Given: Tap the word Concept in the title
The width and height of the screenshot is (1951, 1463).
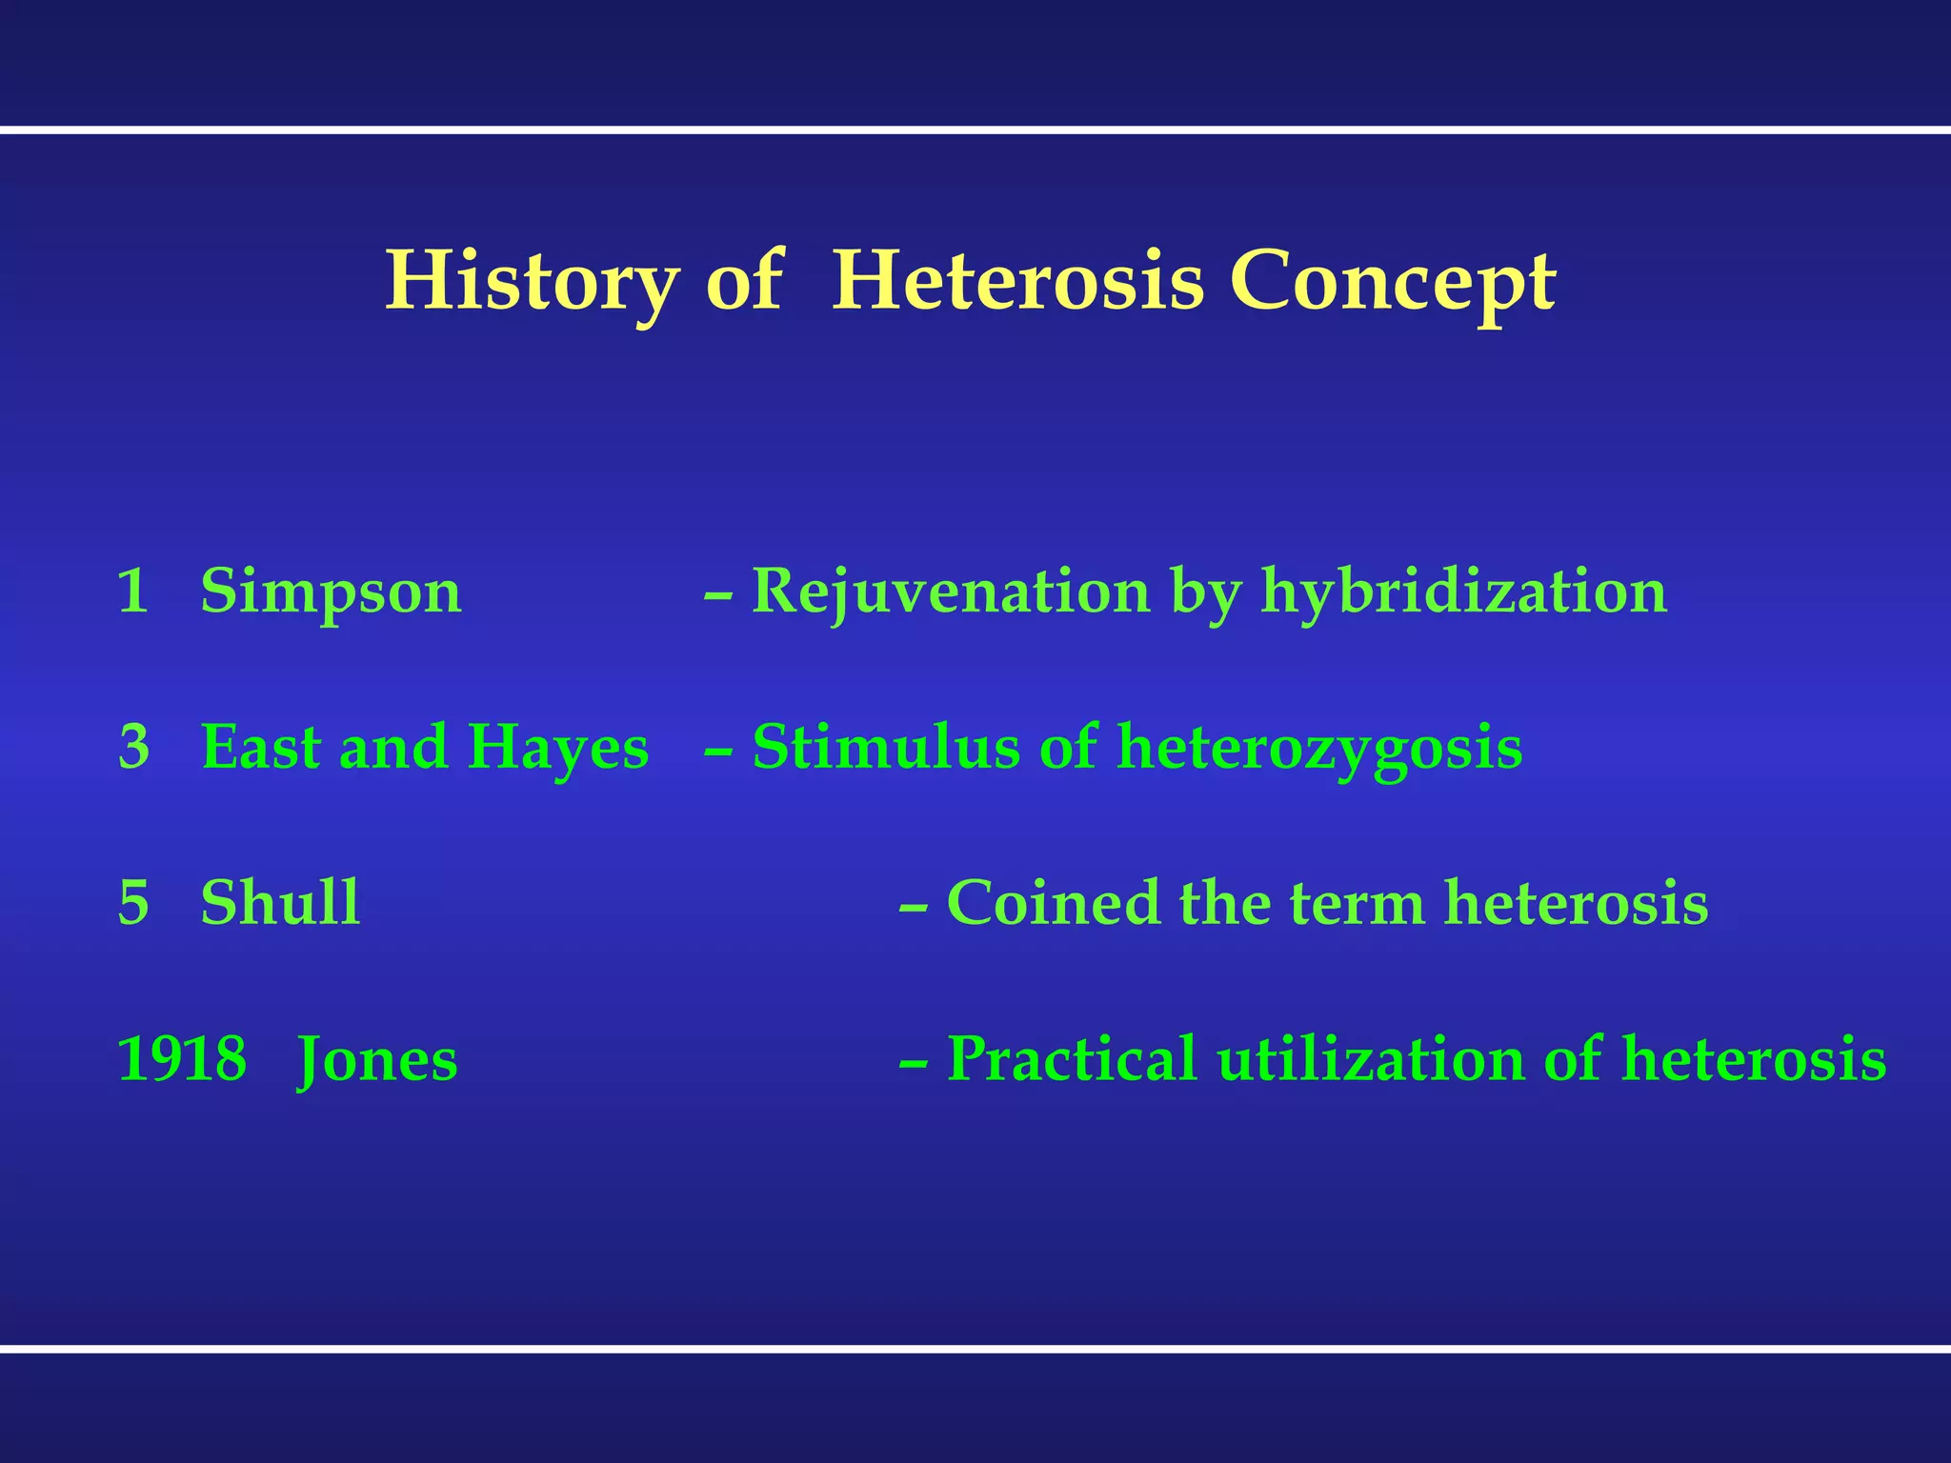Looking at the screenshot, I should point(1392,282).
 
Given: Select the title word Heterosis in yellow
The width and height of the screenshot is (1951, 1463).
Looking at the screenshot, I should point(1017,282).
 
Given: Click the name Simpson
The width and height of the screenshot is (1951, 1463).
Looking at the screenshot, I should point(331,592).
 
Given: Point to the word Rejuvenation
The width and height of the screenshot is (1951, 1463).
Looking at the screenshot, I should point(951,592).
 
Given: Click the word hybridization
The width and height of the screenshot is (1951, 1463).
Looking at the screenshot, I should point(1463,592).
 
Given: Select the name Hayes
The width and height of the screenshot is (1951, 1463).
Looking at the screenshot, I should point(558,748).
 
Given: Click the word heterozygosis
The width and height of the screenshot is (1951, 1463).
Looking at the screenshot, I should point(1319,748).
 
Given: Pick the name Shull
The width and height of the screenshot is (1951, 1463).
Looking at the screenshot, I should point(280,903).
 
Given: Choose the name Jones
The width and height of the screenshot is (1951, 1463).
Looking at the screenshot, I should point(377,1059).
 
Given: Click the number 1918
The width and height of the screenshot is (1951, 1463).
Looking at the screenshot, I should point(181,1059).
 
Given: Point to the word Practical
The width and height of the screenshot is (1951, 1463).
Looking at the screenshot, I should point(1071,1059).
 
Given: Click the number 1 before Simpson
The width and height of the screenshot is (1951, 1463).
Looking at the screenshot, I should point(132,592).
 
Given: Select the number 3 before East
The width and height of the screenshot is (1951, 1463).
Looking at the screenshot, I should point(134,748).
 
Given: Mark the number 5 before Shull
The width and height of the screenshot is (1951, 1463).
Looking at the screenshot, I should point(133,903).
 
